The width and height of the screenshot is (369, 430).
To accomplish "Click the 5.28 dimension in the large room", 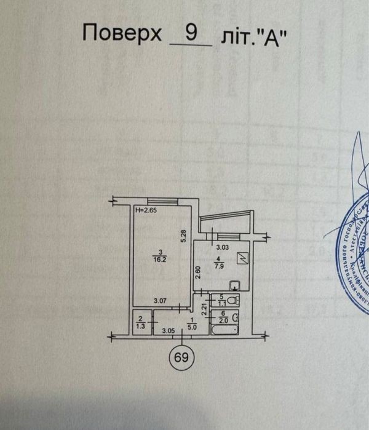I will tap(183, 234).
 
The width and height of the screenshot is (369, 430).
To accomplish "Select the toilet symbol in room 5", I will tap(232, 300).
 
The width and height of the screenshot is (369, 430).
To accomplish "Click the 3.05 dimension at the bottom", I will tap(167, 331).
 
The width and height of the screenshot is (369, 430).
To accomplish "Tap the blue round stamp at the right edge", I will tap(354, 246).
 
